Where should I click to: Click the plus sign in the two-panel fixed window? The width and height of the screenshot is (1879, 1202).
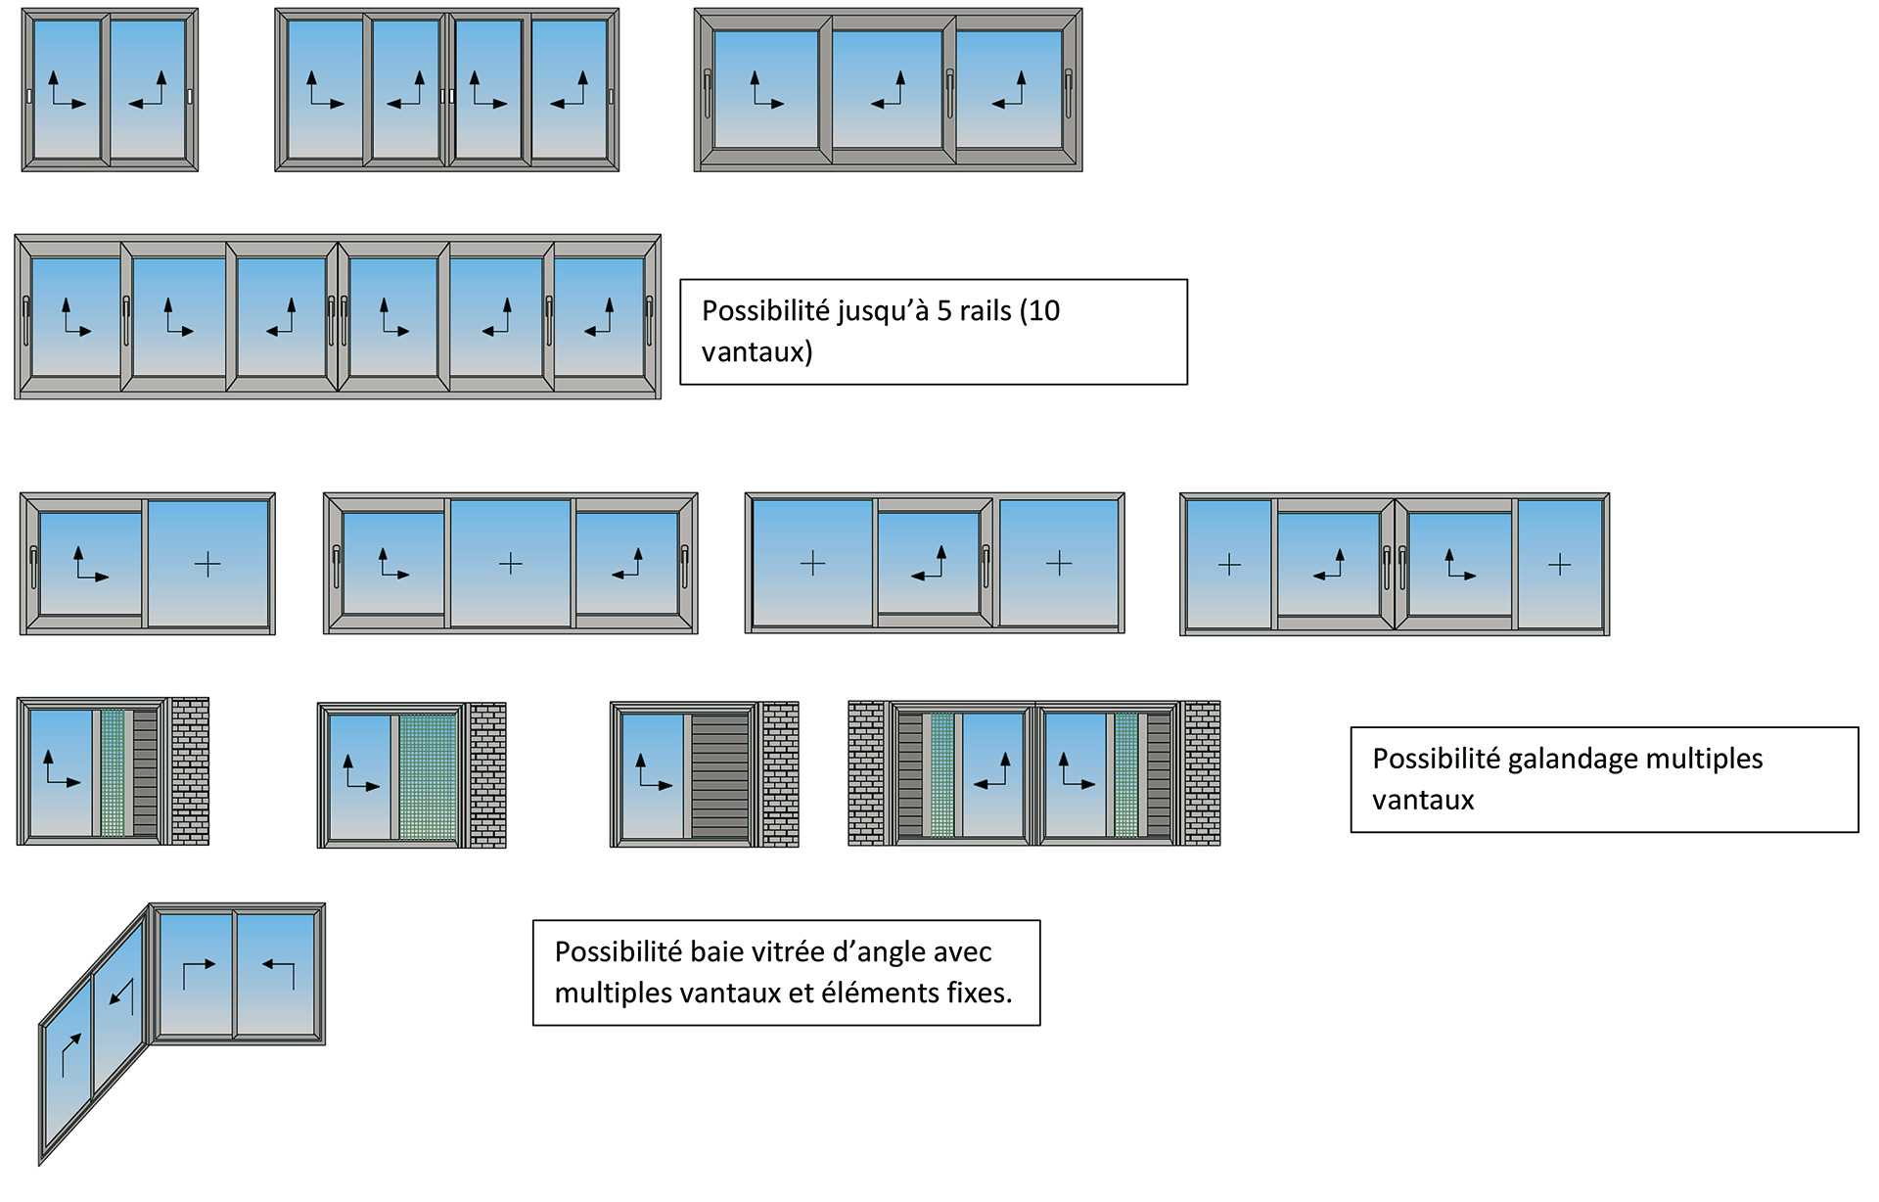(x=207, y=564)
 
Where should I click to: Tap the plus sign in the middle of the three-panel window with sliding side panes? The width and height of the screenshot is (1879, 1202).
(x=511, y=564)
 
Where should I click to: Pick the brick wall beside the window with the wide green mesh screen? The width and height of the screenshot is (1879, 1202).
(x=487, y=775)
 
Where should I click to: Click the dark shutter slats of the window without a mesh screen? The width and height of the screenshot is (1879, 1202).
(x=720, y=775)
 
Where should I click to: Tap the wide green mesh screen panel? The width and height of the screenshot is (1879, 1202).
(x=429, y=777)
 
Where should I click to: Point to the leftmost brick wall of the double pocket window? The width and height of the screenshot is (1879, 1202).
(x=867, y=773)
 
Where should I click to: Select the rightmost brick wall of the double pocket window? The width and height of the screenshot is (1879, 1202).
(x=1203, y=773)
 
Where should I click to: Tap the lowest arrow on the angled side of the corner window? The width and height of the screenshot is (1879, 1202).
(x=69, y=1054)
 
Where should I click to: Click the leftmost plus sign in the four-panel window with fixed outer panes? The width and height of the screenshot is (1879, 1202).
(x=1229, y=565)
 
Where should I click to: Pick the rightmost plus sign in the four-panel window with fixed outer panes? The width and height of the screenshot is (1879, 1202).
(x=1560, y=565)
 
